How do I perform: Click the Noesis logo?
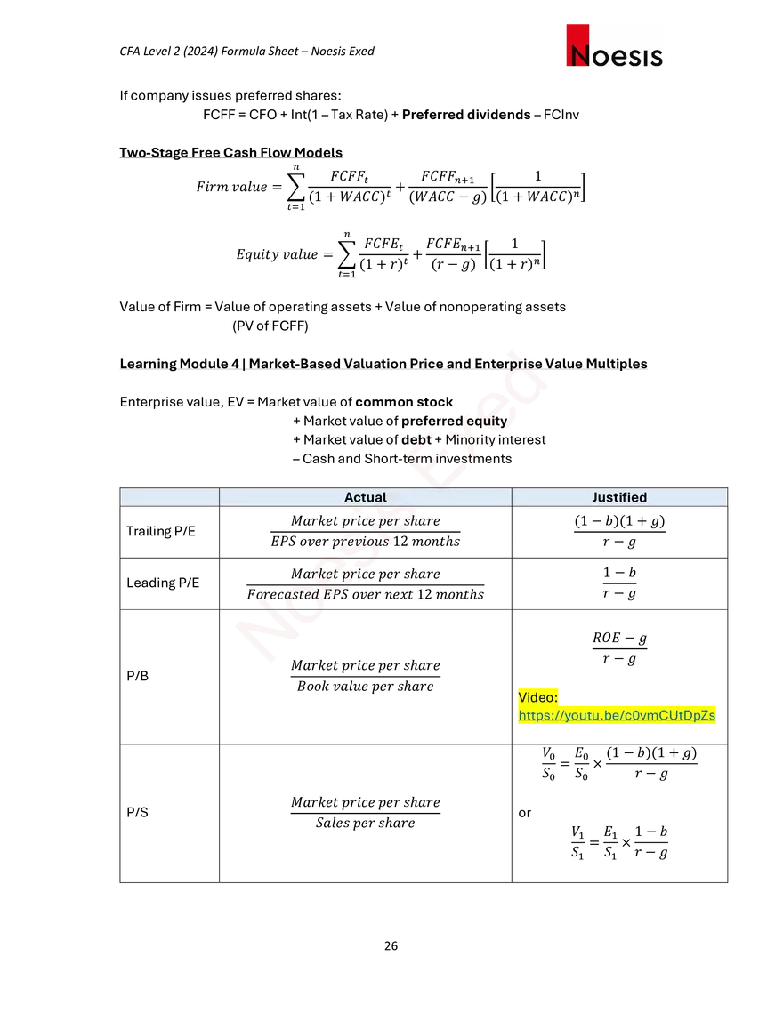[x=614, y=46]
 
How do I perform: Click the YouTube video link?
[x=617, y=715]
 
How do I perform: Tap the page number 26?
[x=391, y=945]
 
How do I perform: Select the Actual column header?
[x=366, y=497]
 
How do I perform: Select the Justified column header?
[x=619, y=497]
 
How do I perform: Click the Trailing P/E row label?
[x=161, y=531]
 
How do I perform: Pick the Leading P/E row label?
[x=163, y=583]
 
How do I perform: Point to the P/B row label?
[x=138, y=676]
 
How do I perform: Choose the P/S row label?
[x=138, y=812]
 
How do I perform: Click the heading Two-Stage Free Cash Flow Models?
[x=230, y=152]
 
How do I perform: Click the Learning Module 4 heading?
[x=383, y=364]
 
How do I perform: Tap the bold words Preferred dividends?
[x=466, y=115]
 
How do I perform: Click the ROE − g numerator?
[x=619, y=638]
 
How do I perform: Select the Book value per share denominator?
[x=366, y=686]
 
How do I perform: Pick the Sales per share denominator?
[x=366, y=823]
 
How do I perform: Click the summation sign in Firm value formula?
[x=295, y=188]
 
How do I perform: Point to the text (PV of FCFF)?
[x=270, y=326]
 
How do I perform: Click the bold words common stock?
[x=404, y=402]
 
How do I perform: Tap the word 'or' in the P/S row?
[x=524, y=813]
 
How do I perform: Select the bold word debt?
[x=416, y=440]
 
